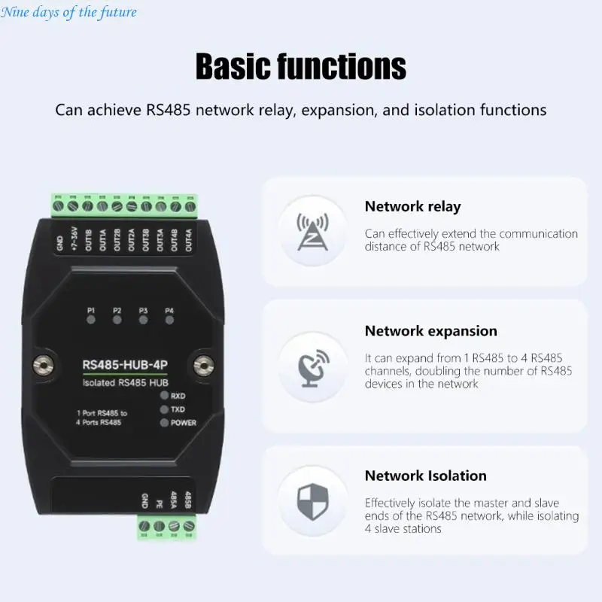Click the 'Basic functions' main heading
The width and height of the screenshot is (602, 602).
[300, 66]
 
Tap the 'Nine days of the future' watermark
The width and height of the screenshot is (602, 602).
[68, 12]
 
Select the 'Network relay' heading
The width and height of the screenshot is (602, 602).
[412, 206]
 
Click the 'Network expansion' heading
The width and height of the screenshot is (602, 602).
[430, 331]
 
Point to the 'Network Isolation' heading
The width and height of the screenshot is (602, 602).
[425, 476]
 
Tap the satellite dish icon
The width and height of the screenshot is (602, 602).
[313, 368]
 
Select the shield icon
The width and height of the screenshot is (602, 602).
[313, 501]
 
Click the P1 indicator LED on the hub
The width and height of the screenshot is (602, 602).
[91, 319]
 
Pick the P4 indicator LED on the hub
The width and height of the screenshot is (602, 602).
[169, 320]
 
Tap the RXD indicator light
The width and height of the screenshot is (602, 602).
[164, 396]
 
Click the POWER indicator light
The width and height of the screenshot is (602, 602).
[164, 423]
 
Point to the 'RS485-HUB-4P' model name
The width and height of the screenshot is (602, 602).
[125, 365]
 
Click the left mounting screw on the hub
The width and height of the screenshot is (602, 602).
[43, 365]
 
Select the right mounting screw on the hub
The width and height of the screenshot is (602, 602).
[203, 365]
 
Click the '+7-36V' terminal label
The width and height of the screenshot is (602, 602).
[74, 239]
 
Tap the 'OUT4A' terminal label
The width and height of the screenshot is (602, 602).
[189, 240]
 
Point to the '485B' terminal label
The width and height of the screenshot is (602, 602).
[187, 500]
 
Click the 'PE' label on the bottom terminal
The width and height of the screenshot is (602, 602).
[159, 503]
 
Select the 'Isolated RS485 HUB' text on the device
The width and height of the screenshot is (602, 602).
[126, 383]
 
